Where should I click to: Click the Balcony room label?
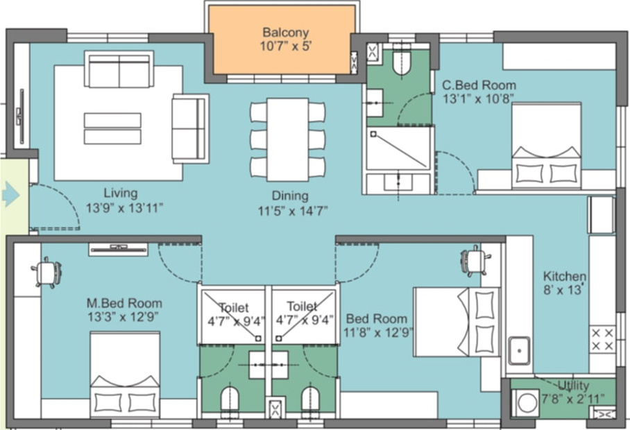[x=285, y=33]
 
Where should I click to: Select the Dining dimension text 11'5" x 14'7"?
[x=290, y=209]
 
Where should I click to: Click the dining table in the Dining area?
[x=288, y=139]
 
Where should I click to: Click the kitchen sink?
[x=518, y=350]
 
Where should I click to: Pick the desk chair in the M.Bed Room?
[x=46, y=273]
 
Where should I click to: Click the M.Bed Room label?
[x=124, y=303]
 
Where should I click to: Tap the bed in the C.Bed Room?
[x=546, y=146]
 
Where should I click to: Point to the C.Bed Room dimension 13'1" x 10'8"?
[x=479, y=98]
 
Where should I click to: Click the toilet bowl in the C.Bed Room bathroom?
[x=402, y=62]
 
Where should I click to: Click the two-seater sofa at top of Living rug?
[x=119, y=69]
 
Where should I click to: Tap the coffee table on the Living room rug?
[x=112, y=128]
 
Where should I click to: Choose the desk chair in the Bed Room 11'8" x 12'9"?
[x=475, y=261]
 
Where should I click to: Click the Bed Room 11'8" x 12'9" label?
[x=377, y=319]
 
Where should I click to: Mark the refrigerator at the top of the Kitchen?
[x=601, y=215]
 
